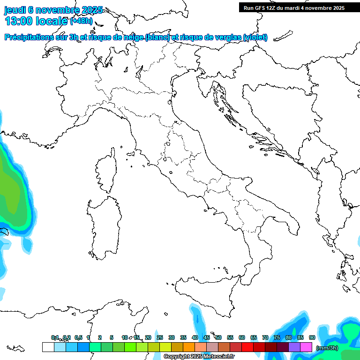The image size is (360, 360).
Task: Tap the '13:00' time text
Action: (x=19, y=21)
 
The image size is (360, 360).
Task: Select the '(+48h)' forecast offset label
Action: (x=81, y=21)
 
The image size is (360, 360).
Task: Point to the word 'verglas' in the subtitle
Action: (x=226, y=37)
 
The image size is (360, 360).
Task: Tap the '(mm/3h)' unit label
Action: (x=327, y=348)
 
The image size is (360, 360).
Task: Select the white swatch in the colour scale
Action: (x=48, y=347)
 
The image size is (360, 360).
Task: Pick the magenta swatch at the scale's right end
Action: (x=306, y=347)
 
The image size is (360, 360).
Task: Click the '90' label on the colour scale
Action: (x=312, y=337)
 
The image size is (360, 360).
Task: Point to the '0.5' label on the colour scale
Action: (x=78, y=337)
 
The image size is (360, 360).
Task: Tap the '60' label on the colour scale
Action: (x=242, y=337)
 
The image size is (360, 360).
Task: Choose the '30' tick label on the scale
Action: (x=172, y=337)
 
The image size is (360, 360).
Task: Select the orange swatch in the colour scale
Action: (x=189, y=347)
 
